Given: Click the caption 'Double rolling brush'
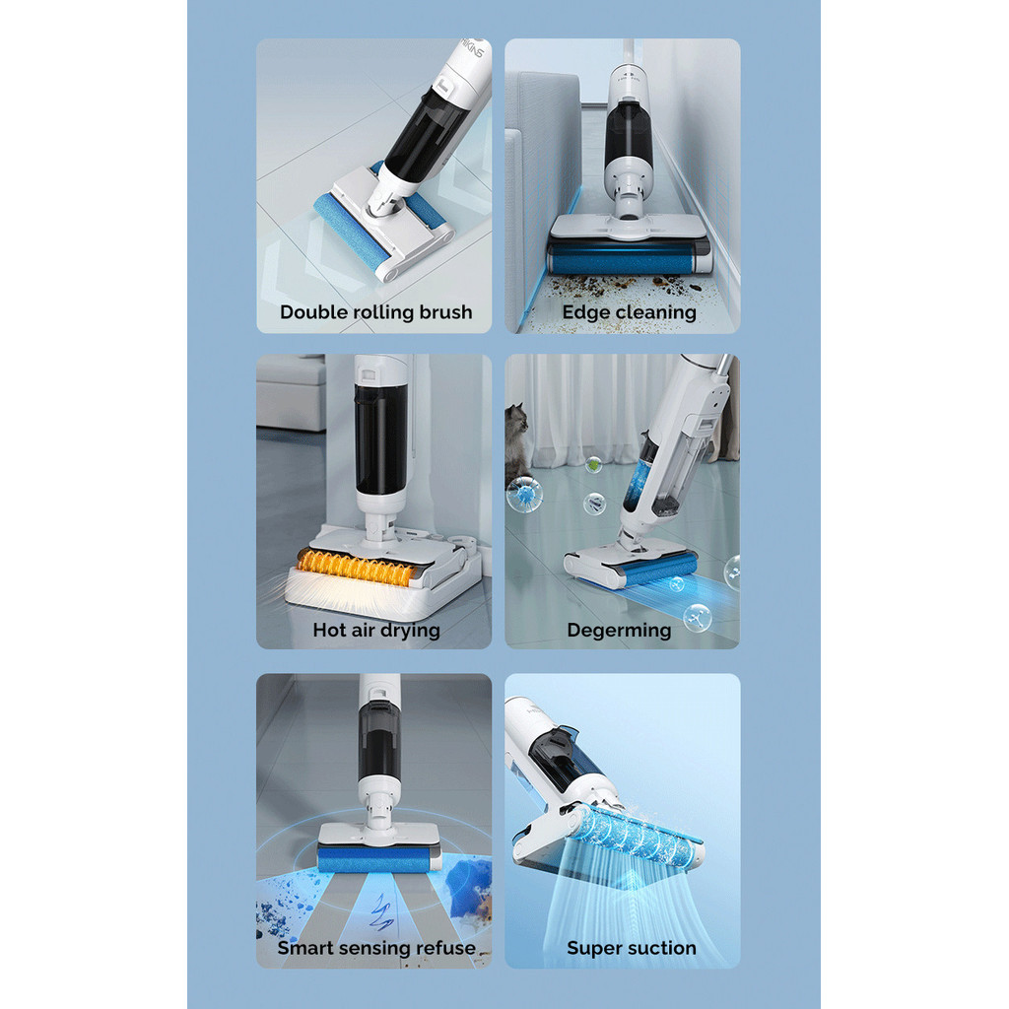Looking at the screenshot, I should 375,312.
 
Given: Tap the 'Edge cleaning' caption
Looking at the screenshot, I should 629,312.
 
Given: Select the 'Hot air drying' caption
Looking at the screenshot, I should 375,630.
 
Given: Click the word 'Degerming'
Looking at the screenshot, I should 619,630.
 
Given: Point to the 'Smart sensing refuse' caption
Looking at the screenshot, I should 375,948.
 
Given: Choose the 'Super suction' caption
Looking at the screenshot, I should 631,948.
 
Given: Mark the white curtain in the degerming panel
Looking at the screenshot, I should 591,404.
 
